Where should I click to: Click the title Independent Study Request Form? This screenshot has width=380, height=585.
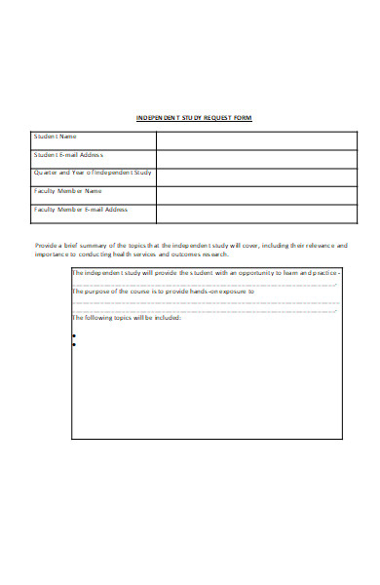[x=193, y=118]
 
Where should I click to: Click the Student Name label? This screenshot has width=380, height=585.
[x=56, y=136]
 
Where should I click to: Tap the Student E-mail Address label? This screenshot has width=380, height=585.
[x=68, y=155]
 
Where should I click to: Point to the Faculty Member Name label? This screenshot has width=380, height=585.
[x=67, y=191]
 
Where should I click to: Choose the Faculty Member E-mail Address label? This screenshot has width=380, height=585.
[x=80, y=210]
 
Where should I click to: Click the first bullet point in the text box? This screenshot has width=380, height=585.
[x=75, y=334]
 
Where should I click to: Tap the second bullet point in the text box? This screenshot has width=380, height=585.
[x=75, y=344]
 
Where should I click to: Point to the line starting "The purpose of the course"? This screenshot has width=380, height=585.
[x=164, y=292]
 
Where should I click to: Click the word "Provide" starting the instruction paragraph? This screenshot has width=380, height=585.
[x=47, y=246]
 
